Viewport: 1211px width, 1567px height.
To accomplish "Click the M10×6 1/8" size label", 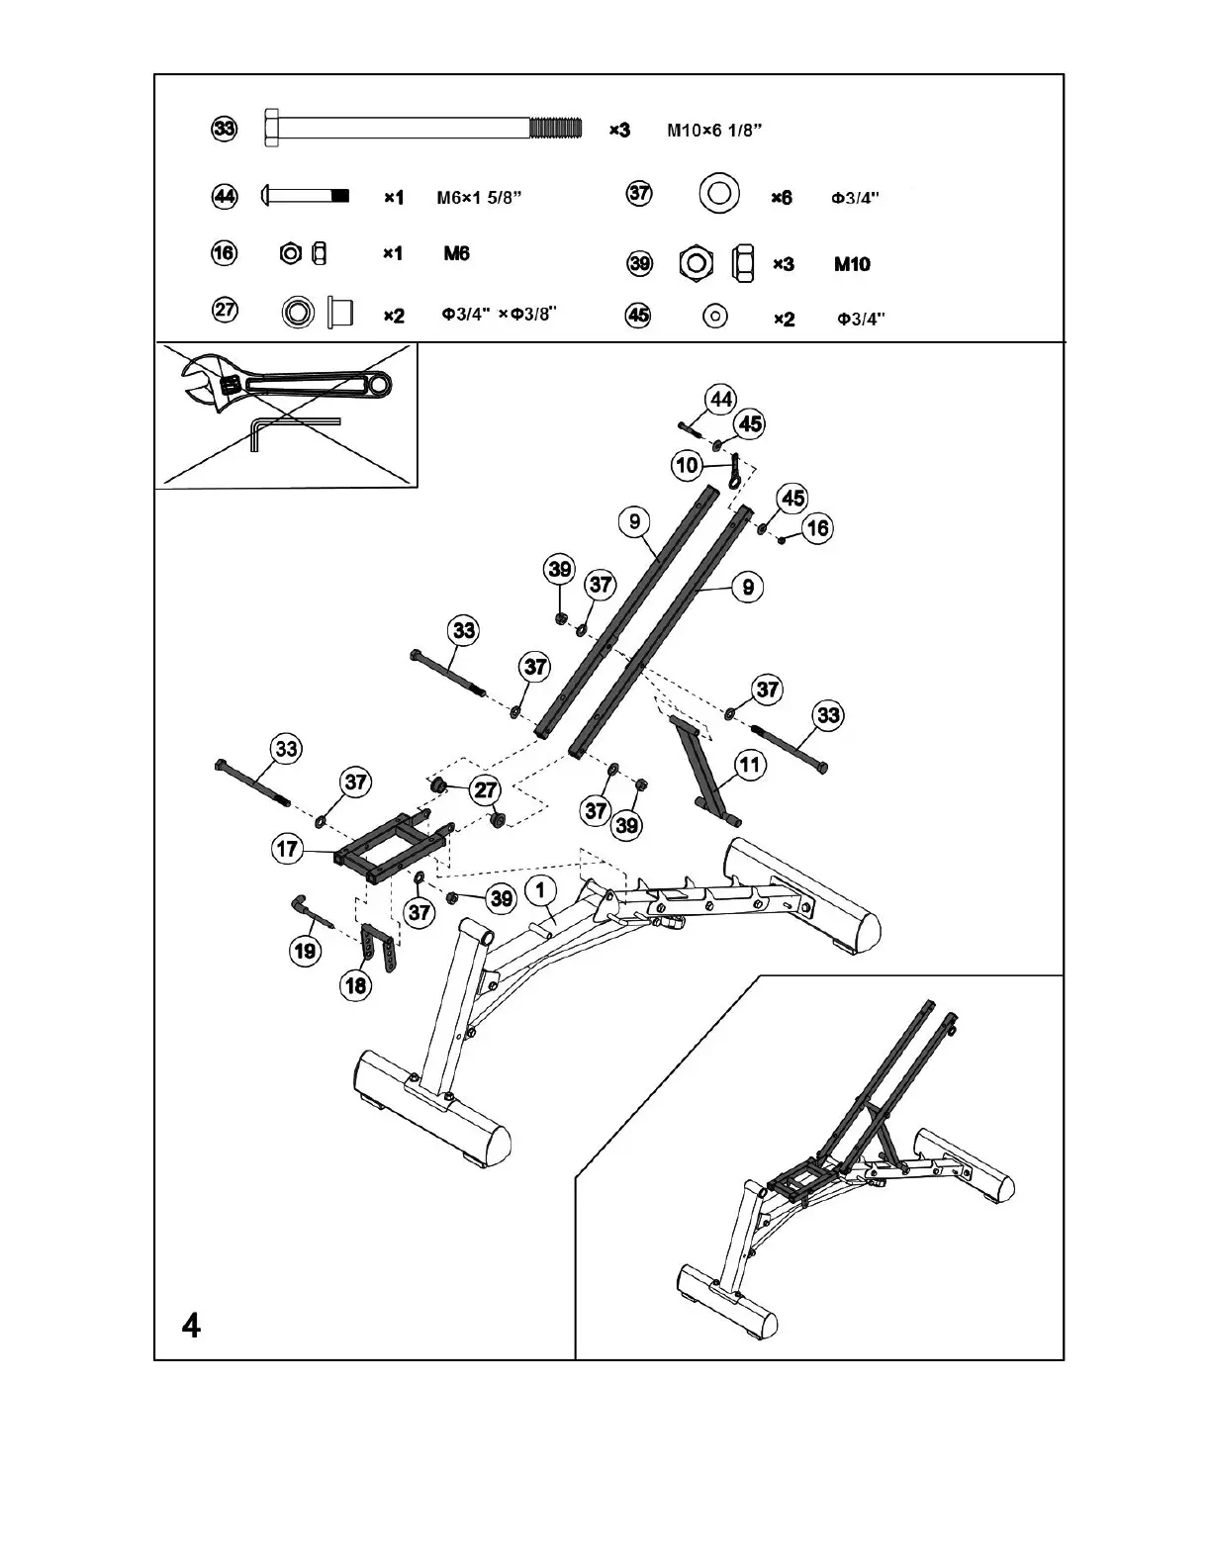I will tap(713, 131).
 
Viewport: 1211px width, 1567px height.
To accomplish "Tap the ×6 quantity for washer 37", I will tap(782, 198).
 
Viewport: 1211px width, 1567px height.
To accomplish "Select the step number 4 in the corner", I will tap(192, 1324).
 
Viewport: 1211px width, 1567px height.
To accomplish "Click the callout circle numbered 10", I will tap(687, 465).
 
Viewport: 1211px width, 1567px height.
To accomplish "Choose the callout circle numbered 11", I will tap(751, 765).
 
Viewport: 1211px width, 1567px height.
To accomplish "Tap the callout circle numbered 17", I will tap(287, 849).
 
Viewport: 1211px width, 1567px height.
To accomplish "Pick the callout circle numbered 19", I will tap(306, 951).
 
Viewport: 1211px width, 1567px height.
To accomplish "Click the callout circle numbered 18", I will tap(354, 984).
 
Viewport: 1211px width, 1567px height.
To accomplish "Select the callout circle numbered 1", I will tap(540, 890).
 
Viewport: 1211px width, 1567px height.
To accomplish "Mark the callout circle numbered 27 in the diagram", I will tap(485, 789).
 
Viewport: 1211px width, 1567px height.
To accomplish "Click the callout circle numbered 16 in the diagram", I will tap(817, 528).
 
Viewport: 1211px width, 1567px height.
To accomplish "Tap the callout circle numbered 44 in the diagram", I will tap(720, 400).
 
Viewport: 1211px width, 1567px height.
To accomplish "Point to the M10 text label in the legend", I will tap(852, 264).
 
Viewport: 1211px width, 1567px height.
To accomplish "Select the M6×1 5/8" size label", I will tap(479, 198).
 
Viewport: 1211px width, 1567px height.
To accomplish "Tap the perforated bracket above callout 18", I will tap(380, 948).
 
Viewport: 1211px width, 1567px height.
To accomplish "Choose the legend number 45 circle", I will tap(639, 317).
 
